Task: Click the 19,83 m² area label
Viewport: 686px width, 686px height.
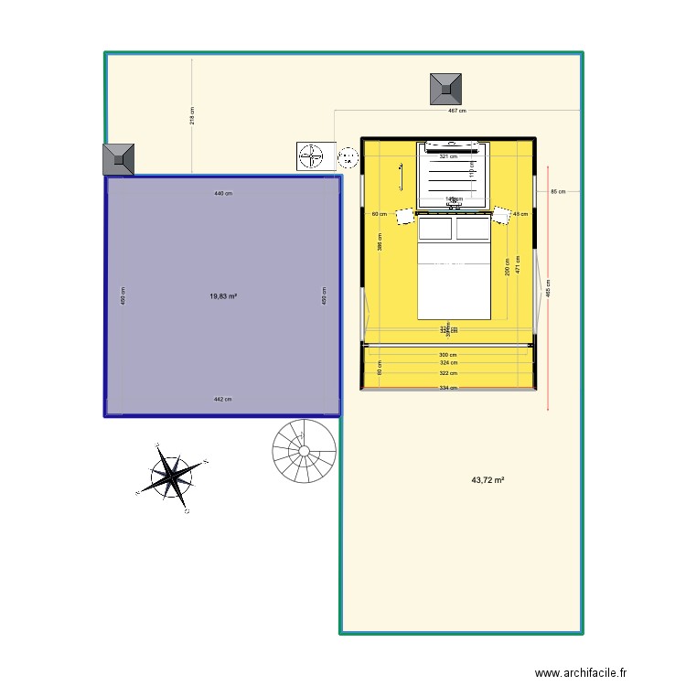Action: pos(222,296)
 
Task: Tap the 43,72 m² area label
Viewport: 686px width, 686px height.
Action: pos(488,479)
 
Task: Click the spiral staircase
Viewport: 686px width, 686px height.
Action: pos(304,451)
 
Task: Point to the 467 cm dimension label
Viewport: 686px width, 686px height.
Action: pos(456,111)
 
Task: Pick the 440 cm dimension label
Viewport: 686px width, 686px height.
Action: pos(222,194)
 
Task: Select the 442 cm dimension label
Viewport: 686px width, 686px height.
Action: pos(222,399)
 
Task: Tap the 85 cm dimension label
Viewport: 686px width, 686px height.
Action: pos(557,191)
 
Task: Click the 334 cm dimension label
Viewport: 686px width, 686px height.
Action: pos(447,388)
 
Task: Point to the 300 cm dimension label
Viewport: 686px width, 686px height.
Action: pos(447,355)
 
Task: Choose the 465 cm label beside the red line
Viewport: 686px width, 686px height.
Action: pos(549,287)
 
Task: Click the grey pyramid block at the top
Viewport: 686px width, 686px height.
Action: pos(445,88)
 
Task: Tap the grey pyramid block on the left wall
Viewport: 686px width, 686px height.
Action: pos(119,159)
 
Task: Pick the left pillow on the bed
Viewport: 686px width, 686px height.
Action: pos(436,228)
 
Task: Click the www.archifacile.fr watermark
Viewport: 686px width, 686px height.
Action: pos(581,673)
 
